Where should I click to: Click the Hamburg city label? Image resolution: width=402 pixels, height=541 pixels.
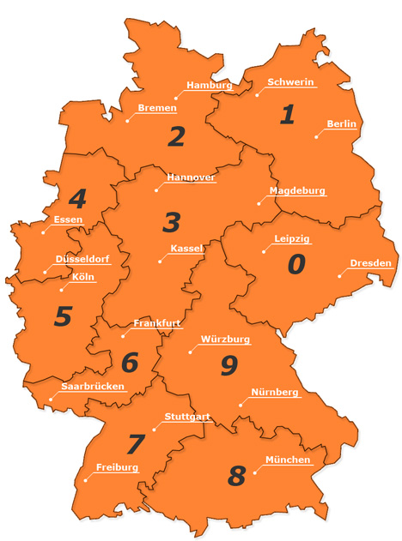(210, 86)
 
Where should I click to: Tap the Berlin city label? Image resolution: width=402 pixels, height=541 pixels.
(341, 124)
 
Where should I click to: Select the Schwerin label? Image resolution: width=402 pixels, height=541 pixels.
(291, 82)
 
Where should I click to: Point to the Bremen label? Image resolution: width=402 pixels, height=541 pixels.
(157, 108)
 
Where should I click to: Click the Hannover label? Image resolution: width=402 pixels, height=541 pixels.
(191, 177)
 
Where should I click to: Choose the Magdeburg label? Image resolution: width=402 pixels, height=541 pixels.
(297, 190)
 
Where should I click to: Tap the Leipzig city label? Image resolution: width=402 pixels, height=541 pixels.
(292, 238)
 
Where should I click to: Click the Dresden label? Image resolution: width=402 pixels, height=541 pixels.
(371, 263)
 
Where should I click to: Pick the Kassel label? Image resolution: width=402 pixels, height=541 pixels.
(186, 249)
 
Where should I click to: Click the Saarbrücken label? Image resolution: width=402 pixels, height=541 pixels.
(94, 387)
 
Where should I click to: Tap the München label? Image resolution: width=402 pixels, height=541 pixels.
(288, 460)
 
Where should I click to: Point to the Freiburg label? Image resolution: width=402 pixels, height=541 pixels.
(118, 468)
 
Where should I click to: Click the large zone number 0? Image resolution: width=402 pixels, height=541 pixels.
(295, 265)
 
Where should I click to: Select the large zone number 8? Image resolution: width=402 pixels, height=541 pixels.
(236, 475)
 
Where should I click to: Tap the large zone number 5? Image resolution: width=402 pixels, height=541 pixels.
(63, 316)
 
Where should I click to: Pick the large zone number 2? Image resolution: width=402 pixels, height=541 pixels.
(177, 136)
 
